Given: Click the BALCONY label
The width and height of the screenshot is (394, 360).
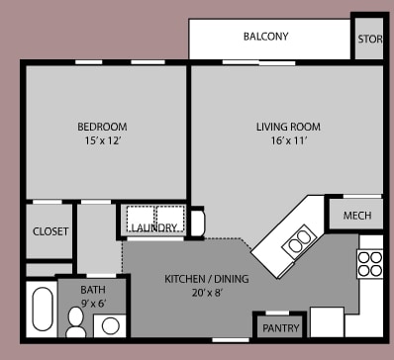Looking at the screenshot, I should [x=265, y=37].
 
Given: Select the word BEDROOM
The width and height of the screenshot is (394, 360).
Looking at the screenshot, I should [x=102, y=127].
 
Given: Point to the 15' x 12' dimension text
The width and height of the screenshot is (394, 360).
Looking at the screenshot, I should [x=102, y=141].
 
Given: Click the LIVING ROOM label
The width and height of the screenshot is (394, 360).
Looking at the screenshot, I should [x=288, y=127].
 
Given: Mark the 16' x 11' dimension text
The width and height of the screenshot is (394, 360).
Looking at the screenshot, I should [x=288, y=141].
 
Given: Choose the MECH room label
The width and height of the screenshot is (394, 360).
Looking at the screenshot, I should [x=356, y=216].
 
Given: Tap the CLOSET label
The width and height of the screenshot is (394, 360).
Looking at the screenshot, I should [x=50, y=231].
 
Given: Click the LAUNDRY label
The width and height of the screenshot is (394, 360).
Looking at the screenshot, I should [x=153, y=228].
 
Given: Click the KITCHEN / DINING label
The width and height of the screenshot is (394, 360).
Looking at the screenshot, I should [x=206, y=279].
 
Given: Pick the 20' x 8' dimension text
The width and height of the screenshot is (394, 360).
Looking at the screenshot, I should [x=206, y=294].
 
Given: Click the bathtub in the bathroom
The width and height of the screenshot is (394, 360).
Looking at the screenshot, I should [x=43, y=309].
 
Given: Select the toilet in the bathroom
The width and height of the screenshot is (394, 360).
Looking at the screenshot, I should [x=76, y=319].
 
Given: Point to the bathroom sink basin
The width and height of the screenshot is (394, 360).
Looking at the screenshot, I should [x=110, y=324].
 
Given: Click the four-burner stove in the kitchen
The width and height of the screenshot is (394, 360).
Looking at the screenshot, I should [x=369, y=262].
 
